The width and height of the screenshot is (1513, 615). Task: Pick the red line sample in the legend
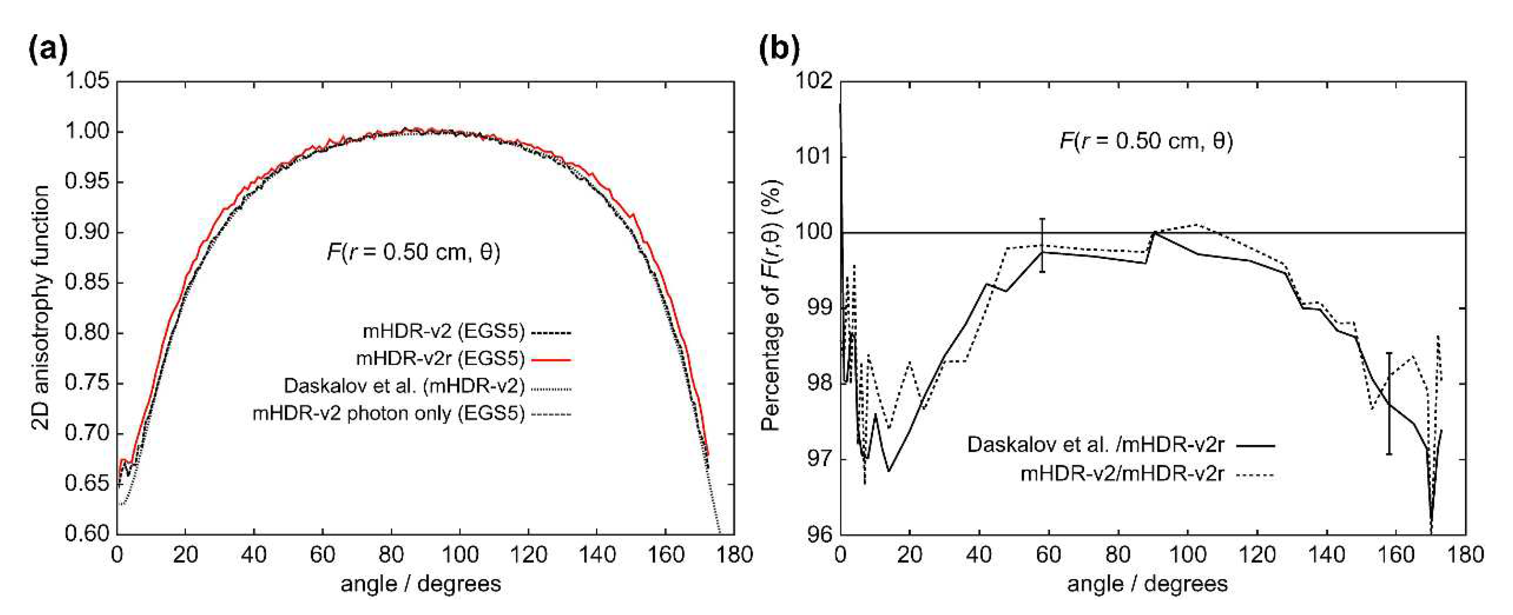click(x=551, y=359)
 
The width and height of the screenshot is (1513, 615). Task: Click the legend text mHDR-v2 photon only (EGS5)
click(x=388, y=414)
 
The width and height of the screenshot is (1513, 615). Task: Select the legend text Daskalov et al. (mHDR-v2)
click(x=404, y=386)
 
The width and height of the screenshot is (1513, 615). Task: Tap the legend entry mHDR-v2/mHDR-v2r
click(x=1122, y=473)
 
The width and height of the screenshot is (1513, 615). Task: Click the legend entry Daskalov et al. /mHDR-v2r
click(x=1095, y=445)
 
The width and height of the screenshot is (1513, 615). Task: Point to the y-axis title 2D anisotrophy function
click(x=41, y=308)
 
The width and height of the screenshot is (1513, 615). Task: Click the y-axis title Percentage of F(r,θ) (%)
click(x=771, y=305)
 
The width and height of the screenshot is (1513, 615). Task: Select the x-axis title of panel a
click(x=421, y=583)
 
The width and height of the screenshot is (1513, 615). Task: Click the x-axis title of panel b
click(x=1147, y=583)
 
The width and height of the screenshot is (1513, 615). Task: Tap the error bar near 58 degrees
click(x=1042, y=245)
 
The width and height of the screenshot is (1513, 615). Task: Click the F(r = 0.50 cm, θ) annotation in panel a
click(x=413, y=252)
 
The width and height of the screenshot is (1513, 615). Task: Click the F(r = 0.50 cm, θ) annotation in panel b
click(x=1146, y=141)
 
